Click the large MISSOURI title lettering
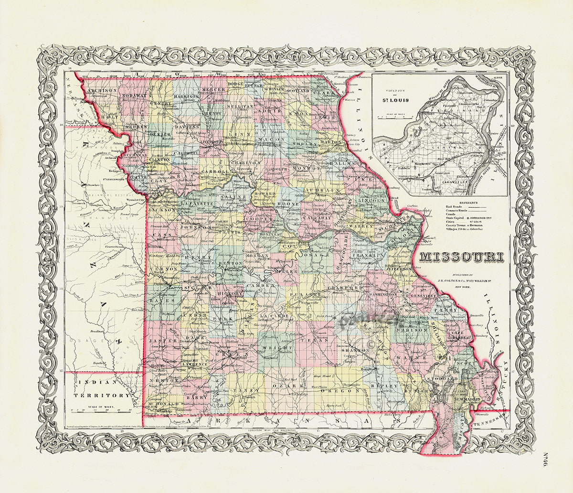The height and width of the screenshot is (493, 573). pos(461,257)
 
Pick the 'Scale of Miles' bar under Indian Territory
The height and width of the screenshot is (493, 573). pos(100,409)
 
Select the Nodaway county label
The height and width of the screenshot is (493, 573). pos(134,96)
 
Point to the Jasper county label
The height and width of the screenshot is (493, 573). pos(158,340)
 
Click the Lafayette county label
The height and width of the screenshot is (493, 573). pos(198,203)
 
